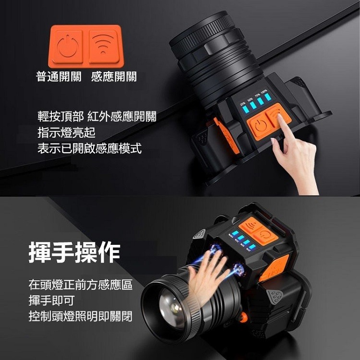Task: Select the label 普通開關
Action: pyautogui.click(x=60, y=77)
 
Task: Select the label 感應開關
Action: pyautogui.click(x=114, y=77)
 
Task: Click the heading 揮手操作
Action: pyautogui.click(x=74, y=252)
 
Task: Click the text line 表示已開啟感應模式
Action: pyautogui.click(x=90, y=148)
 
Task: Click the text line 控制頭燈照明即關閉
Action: pyautogui.click(x=80, y=316)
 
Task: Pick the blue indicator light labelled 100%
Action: pyautogui.click(x=267, y=98)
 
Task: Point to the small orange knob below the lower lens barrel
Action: pyautogui.click(x=243, y=317)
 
